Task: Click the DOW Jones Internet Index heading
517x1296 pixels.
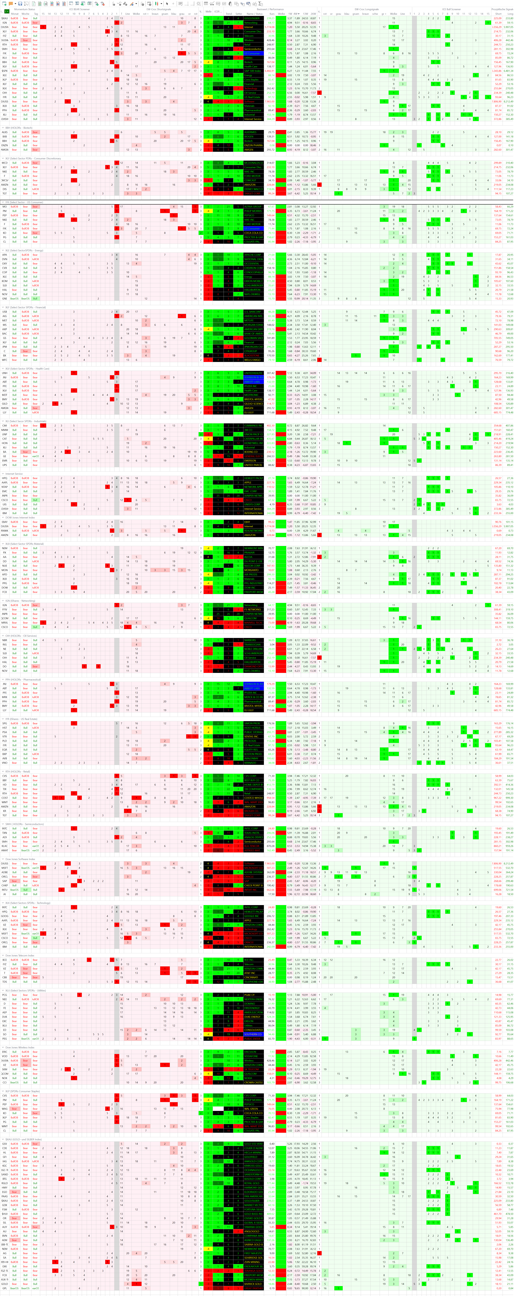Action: [20, 517]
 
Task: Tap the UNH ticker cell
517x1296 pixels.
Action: [5, 373]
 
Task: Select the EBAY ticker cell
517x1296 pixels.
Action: [5, 522]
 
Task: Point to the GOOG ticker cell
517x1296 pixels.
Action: [5, 916]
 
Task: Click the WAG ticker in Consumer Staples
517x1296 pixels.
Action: [5, 1108]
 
